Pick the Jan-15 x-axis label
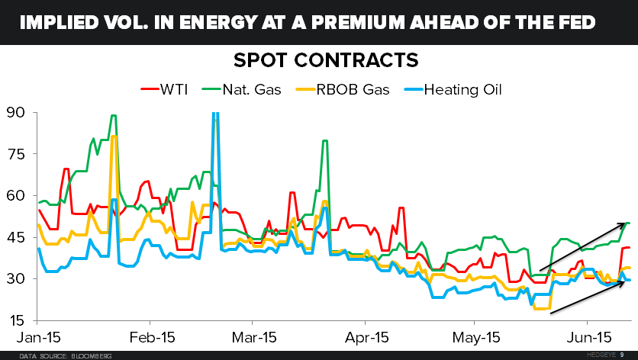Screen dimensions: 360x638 [38, 336]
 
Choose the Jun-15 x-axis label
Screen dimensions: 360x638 [582, 336]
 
